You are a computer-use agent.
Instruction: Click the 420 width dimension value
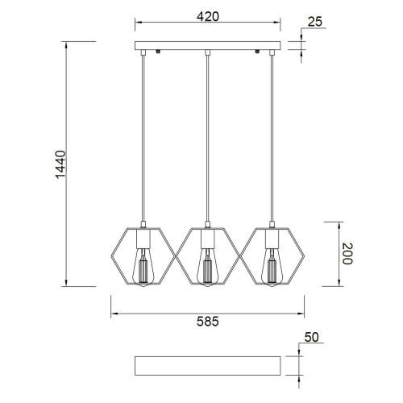pyautogui.click(x=208, y=17)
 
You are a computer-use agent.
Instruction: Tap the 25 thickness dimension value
pyautogui.click(x=314, y=22)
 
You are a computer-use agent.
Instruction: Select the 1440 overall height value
pyautogui.click(x=60, y=164)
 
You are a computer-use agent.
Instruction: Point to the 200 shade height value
pyautogui.click(x=347, y=254)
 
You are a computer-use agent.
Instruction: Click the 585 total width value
pyautogui.click(x=208, y=321)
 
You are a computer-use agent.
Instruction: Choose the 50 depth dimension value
pyautogui.click(x=311, y=337)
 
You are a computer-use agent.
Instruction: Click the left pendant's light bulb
pyautogui.click(x=143, y=268)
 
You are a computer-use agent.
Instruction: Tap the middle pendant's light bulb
pyautogui.click(x=207, y=268)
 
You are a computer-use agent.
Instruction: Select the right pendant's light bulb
pyautogui.click(x=272, y=268)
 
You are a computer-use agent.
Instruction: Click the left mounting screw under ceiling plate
pyautogui.click(x=158, y=52)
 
